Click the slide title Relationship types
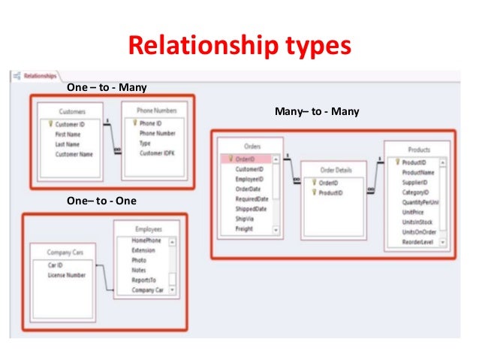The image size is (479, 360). [x=240, y=47]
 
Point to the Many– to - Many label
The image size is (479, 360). [x=317, y=112]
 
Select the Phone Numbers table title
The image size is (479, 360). [x=156, y=110]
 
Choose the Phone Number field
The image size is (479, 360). [x=158, y=134]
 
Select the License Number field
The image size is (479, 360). [x=68, y=275]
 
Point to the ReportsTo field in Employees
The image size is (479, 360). [x=134, y=279]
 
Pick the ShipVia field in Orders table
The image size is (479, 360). [x=246, y=219]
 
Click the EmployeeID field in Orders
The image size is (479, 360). [x=249, y=180]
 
